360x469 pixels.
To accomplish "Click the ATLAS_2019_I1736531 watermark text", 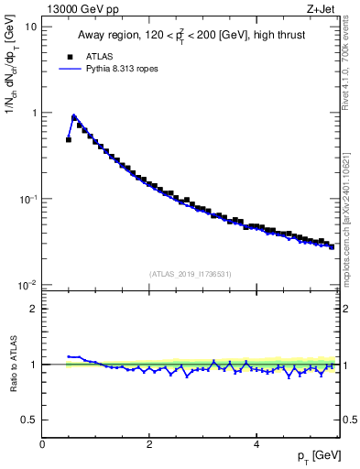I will pos(191,274).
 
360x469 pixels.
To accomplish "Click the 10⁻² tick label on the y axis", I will pos(27,285).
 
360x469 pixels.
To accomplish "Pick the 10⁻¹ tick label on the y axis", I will pos(27,199).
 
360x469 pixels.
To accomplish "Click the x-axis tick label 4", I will pos(256,444).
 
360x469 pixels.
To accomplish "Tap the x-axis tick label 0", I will pos(42,444).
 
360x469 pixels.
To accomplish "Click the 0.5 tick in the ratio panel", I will pos(29,420).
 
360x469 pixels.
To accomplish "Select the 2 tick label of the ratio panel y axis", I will pos(34,309).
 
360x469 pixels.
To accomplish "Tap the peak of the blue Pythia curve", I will pos(74,115).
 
